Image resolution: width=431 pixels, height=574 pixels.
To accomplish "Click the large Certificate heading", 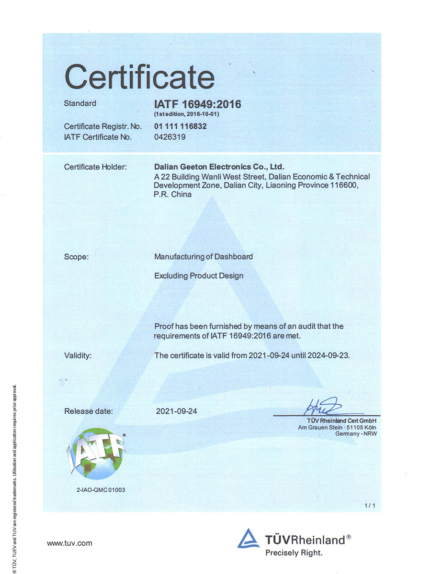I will pos(139,77).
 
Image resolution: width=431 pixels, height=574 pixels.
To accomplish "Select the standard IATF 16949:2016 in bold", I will pos(197,104).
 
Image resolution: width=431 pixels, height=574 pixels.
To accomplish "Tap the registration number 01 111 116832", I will pos(181,127).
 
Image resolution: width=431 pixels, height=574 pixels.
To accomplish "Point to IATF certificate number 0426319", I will pos(170,137).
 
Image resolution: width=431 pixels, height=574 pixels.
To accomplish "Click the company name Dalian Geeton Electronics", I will pos(219,167).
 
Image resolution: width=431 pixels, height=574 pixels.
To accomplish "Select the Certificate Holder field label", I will pos(95,167).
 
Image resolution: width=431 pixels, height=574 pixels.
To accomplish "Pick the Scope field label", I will pos(76,257).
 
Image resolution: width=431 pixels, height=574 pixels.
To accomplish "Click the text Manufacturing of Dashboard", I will pos(204,257).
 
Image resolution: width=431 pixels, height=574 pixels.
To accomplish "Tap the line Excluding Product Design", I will pos(199,276).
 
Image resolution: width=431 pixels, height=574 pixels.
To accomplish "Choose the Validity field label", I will pos(78,355).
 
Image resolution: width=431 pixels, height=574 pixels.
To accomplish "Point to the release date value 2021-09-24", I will pos(177,411).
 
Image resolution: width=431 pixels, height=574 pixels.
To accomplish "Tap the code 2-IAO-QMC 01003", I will pos(101,490).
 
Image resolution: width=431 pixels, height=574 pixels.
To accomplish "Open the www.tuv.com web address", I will pos(69,543).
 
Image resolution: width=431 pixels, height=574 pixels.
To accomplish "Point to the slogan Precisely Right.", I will pos(294,553).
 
